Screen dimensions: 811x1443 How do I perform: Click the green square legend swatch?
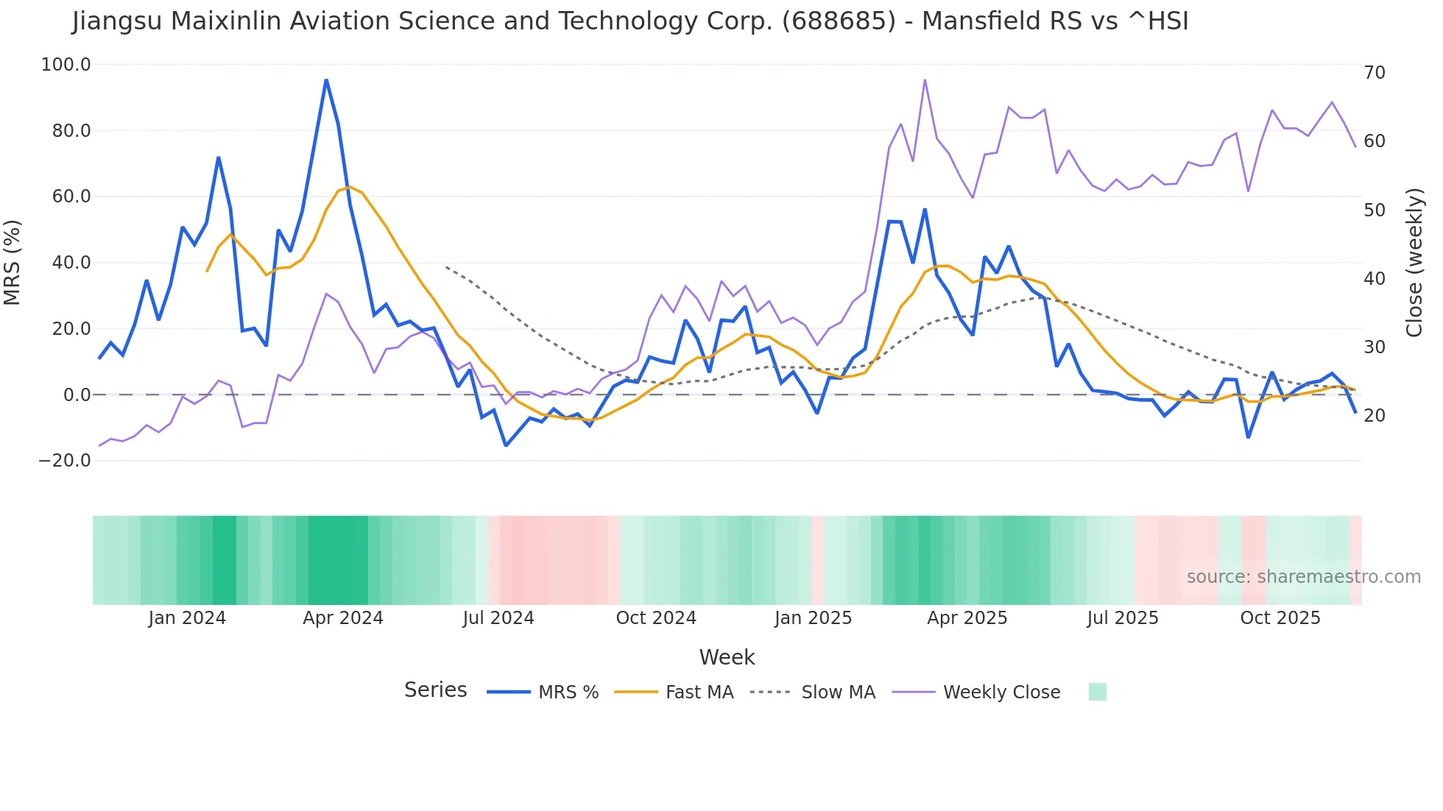coord(1097,692)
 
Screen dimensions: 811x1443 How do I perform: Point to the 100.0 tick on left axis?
coord(66,65)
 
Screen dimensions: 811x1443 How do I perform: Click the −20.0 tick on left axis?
coord(65,461)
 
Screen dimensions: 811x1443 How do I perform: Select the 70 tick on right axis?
coord(1375,73)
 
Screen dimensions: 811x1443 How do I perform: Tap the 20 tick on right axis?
coord(1375,416)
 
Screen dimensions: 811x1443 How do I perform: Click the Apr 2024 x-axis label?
coord(343,618)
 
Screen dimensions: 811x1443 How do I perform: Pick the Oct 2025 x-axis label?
coord(1280,618)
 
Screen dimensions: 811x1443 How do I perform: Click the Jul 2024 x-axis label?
coord(498,618)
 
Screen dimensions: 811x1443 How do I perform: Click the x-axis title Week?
coord(727,657)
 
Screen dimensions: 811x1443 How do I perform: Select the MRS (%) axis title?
coord(13,262)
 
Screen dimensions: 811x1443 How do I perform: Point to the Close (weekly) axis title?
coord(1414,263)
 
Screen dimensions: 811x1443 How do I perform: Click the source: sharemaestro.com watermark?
coord(1303,577)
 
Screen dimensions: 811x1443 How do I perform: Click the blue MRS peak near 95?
coord(326,80)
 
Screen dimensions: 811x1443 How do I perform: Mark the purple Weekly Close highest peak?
coord(925,80)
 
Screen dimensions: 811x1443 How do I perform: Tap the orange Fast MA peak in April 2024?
coord(350,187)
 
